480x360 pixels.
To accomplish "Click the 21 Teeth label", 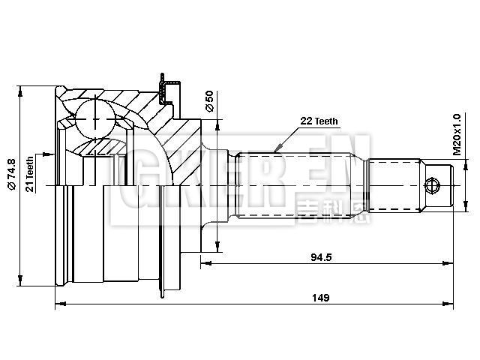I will [30, 174].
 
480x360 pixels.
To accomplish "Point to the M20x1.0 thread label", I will [456, 134].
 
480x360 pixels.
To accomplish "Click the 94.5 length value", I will [322, 256].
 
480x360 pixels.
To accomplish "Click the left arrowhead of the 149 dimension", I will [59, 304].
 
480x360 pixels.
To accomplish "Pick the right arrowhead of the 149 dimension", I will [452, 304].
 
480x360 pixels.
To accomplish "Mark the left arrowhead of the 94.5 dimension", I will [205, 263].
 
